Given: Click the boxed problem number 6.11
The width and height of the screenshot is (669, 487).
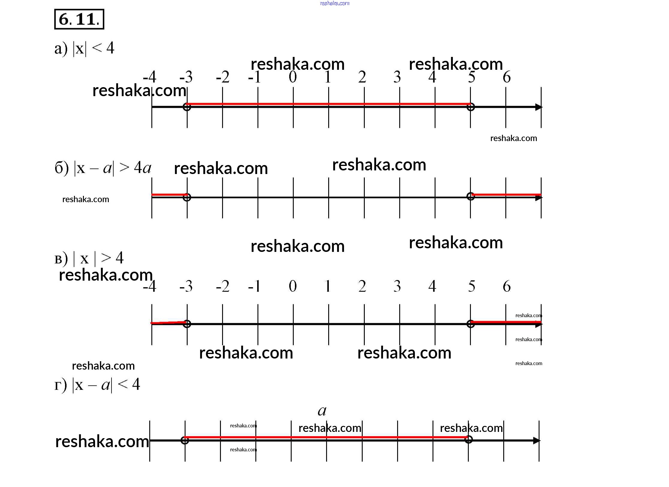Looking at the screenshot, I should pos(79,19).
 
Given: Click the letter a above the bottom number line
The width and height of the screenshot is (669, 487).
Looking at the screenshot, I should pos(322,411).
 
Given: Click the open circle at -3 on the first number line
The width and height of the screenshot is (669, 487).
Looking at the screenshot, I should pos(187,107).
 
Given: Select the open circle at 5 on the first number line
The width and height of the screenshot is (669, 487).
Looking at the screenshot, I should pos(471,107).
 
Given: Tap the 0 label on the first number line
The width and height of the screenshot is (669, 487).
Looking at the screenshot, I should pos(293,77).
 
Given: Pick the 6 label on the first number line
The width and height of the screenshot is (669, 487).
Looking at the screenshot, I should pos(507,77).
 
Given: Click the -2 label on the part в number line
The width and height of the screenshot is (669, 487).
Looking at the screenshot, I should pos(223,286).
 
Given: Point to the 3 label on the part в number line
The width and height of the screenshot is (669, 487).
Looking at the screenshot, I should pos(397,286).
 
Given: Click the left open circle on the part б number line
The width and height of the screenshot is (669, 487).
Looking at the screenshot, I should pos(187,197).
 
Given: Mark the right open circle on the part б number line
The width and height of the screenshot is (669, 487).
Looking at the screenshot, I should pos(471,196).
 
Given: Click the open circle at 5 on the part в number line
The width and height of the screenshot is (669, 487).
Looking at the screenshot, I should pos(471,324).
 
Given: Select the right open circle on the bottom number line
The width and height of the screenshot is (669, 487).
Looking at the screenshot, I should pos(468,440).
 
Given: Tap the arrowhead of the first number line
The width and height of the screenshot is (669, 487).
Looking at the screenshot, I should pos(539,107).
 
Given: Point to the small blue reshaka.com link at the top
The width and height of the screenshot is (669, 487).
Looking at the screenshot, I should pos(334,3).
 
